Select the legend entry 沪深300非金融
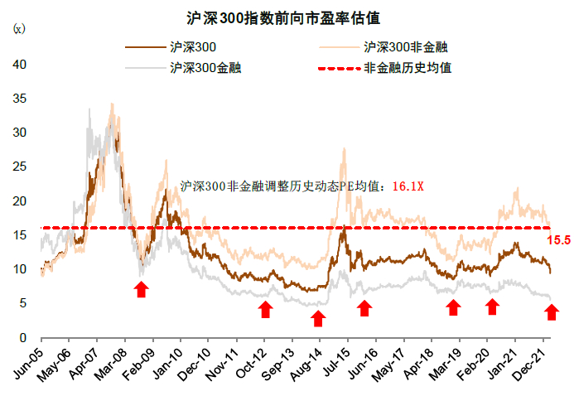[x=407, y=49]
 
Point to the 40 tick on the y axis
[x=21, y=64]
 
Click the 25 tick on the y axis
[x=21, y=167]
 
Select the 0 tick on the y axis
[x=24, y=337]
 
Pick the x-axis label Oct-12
[x=252, y=365]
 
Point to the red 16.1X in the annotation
[x=408, y=186]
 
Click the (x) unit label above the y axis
[x=19, y=29]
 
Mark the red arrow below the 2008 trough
[x=142, y=288]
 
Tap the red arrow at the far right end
[x=552, y=312]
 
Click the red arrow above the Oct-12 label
[x=265, y=309]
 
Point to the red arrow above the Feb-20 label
[x=492, y=307]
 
